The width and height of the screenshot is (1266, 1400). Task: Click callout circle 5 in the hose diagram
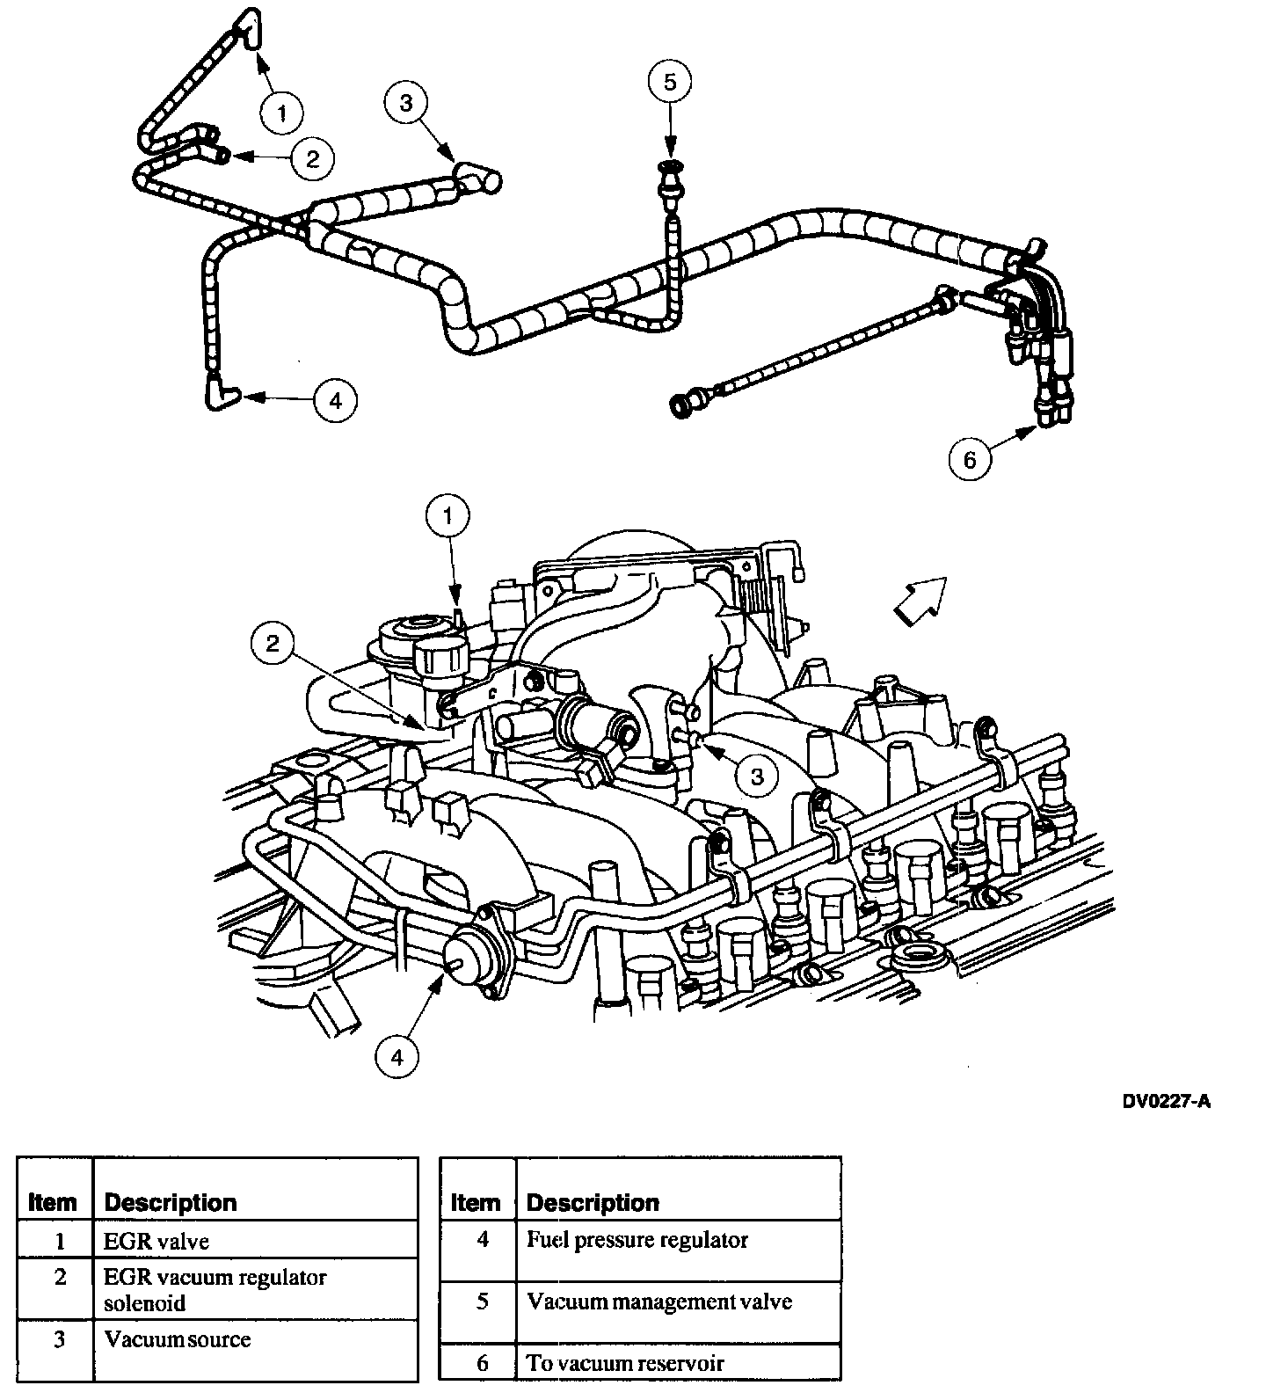(x=670, y=83)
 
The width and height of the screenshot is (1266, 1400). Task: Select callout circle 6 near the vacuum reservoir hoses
(x=970, y=459)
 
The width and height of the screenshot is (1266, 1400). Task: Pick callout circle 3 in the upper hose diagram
(x=405, y=103)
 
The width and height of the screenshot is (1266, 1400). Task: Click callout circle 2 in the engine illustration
(x=273, y=644)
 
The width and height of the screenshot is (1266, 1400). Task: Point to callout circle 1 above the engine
(x=448, y=517)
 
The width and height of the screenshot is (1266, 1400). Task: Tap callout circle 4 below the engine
(x=397, y=1057)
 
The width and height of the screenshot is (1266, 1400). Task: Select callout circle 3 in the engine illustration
(x=756, y=775)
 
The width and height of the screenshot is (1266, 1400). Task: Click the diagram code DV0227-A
(x=1166, y=1102)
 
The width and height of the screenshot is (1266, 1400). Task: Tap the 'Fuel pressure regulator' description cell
(x=637, y=1240)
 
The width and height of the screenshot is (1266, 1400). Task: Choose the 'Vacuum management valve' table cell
(x=659, y=1302)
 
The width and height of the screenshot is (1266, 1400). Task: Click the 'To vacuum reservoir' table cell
(x=625, y=1363)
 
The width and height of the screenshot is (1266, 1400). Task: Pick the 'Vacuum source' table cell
(x=177, y=1339)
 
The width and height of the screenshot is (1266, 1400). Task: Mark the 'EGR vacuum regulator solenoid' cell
(x=215, y=1289)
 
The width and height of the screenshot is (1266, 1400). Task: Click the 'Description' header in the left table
(x=171, y=1202)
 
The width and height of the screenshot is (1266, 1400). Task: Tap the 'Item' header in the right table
(x=475, y=1202)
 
